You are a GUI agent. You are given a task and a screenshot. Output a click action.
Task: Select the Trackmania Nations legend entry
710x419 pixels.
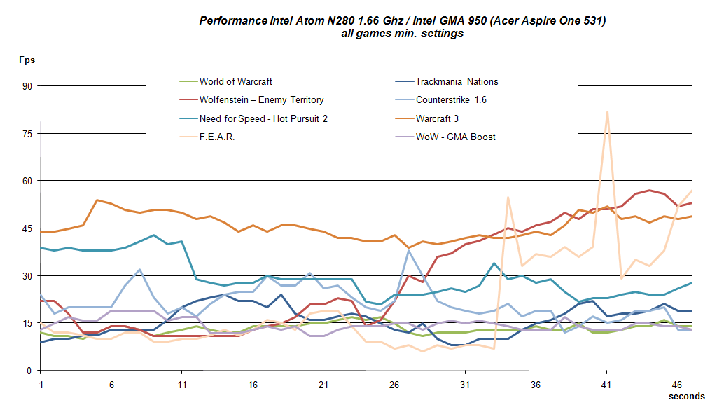click(457, 81)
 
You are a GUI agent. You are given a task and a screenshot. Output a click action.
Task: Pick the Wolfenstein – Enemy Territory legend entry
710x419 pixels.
click(261, 100)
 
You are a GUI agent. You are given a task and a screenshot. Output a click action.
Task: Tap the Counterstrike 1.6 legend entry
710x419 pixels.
click(451, 100)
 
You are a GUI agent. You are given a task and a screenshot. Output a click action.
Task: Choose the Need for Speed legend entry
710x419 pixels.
click(263, 118)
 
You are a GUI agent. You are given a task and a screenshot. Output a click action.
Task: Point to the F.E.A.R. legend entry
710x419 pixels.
click(216, 137)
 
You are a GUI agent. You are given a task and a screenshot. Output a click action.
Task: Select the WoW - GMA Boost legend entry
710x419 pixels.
click(456, 137)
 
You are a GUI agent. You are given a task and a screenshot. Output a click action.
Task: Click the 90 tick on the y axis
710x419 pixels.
click(28, 86)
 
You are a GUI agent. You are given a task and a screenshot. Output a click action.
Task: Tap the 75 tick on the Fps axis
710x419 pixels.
click(28, 134)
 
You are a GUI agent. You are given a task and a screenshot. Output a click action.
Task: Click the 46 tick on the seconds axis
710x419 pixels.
click(677, 385)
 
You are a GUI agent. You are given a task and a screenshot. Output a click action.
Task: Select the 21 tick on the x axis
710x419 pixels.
click(323, 385)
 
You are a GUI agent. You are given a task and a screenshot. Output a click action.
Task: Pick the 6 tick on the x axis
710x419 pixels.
click(112, 385)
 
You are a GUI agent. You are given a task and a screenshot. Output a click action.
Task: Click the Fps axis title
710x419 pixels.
click(27, 60)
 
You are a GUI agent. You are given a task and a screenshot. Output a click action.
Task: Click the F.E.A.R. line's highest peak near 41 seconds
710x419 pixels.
click(607, 111)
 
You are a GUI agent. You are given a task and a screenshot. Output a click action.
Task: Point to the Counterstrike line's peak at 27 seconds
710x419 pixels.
click(409, 251)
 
